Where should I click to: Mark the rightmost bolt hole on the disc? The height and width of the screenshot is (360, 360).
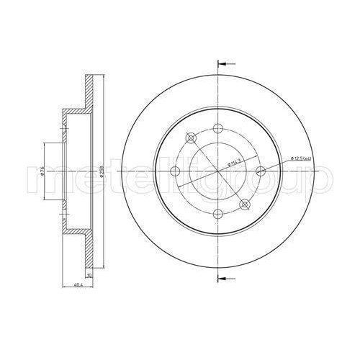(261, 170)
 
